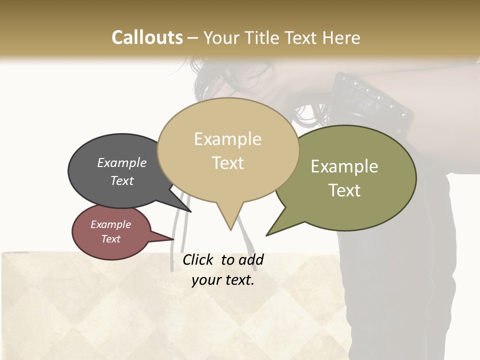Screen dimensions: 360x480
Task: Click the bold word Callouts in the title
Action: click(x=147, y=37)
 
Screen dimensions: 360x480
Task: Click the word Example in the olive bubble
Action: click(x=344, y=166)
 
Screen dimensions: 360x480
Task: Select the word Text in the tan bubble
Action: click(x=228, y=163)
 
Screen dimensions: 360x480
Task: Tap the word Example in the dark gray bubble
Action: click(x=122, y=163)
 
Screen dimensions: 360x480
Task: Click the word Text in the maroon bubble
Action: click(x=111, y=239)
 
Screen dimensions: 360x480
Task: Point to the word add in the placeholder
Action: click(x=251, y=260)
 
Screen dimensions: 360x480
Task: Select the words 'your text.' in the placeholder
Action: click(x=223, y=280)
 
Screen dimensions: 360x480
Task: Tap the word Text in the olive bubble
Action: click(x=344, y=190)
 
